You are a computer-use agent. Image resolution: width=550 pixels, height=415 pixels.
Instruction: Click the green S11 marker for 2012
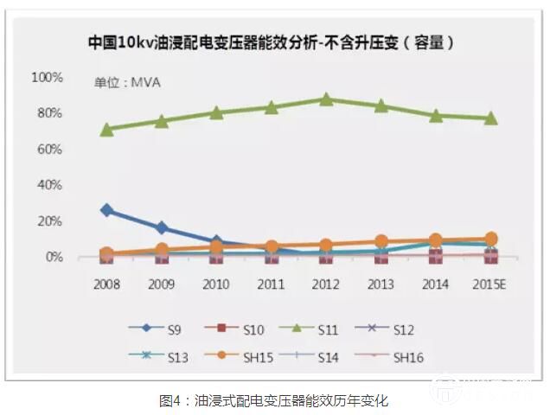[x=326, y=99]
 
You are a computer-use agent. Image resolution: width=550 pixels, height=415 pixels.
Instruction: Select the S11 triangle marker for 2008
[x=106, y=129]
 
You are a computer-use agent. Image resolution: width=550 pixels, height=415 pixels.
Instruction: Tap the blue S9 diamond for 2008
[x=106, y=210]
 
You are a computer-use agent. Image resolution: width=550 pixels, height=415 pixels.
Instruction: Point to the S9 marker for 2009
[x=161, y=228]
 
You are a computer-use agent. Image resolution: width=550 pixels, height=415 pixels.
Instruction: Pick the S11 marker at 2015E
[x=490, y=118]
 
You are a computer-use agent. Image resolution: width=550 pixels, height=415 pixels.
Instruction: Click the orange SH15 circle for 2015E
[x=490, y=239]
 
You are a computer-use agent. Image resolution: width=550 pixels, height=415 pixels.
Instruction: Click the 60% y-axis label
[x=49, y=150]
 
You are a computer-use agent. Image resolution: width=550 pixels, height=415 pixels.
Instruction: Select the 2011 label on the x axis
[x=271, y=283]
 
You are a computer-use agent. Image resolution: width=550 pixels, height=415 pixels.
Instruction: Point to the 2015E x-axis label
[x=490, y=283]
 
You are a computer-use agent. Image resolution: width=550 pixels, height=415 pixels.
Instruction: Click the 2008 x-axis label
[x=106, y=283]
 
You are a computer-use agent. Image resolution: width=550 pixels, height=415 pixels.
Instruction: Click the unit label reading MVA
[x=127, y=83]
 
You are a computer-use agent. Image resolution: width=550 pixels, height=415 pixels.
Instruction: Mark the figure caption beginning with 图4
[x=274, y=400]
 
